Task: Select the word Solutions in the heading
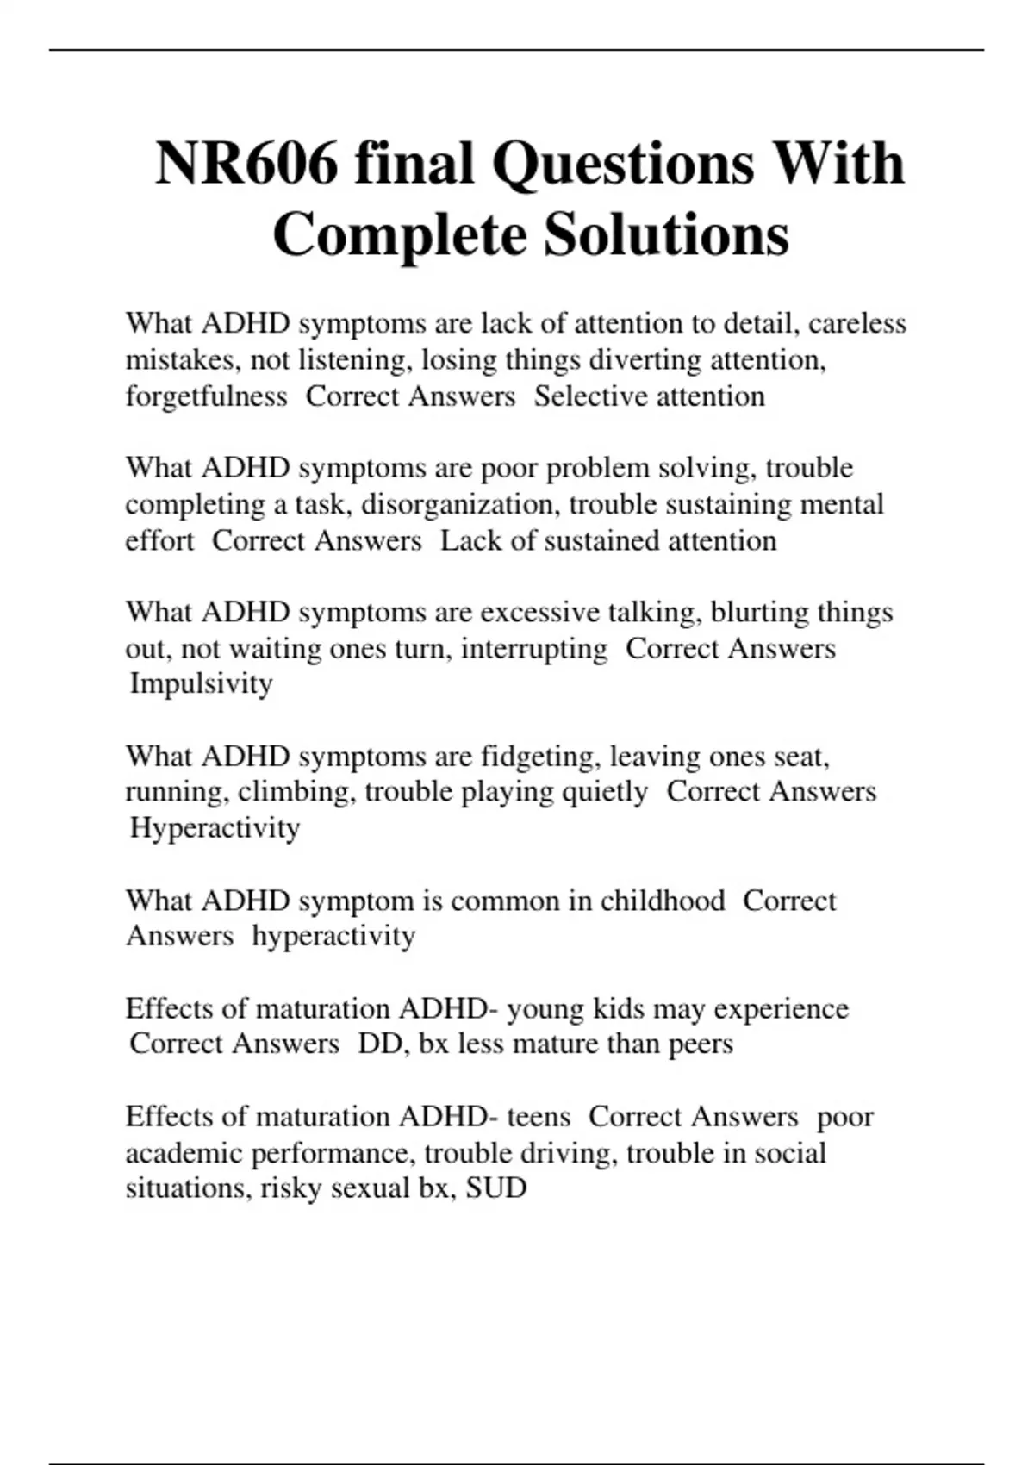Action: [666, 235]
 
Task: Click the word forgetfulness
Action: [206, 396]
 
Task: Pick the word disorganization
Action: [461, 503]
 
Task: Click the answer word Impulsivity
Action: [201, 683]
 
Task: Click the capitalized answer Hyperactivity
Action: [215, 827]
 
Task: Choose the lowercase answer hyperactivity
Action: [333, 936]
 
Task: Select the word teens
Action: [539, 1117]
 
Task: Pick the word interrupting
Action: [534, 648]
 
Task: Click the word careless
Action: [856, 323]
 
